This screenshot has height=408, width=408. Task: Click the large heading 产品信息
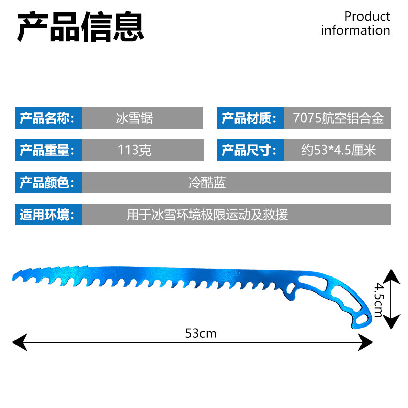[81, 26]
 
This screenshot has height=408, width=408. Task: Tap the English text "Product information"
[356, 23]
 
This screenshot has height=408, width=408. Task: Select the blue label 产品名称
[48, 119]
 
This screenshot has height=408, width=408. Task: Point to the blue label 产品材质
[250, 119]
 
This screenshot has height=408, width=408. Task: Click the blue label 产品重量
[48, 150]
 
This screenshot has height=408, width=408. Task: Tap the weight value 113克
[134, 150]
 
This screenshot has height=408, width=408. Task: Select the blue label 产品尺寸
[250, 150]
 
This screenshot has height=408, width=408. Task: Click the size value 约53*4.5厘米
[338, 150]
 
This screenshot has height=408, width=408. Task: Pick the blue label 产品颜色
[48, 183]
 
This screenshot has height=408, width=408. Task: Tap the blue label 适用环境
[48, 214]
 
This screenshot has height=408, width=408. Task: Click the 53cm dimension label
[201, 333]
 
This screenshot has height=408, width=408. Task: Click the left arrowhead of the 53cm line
[18, 340]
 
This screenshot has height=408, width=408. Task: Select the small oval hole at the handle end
[362, 320]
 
